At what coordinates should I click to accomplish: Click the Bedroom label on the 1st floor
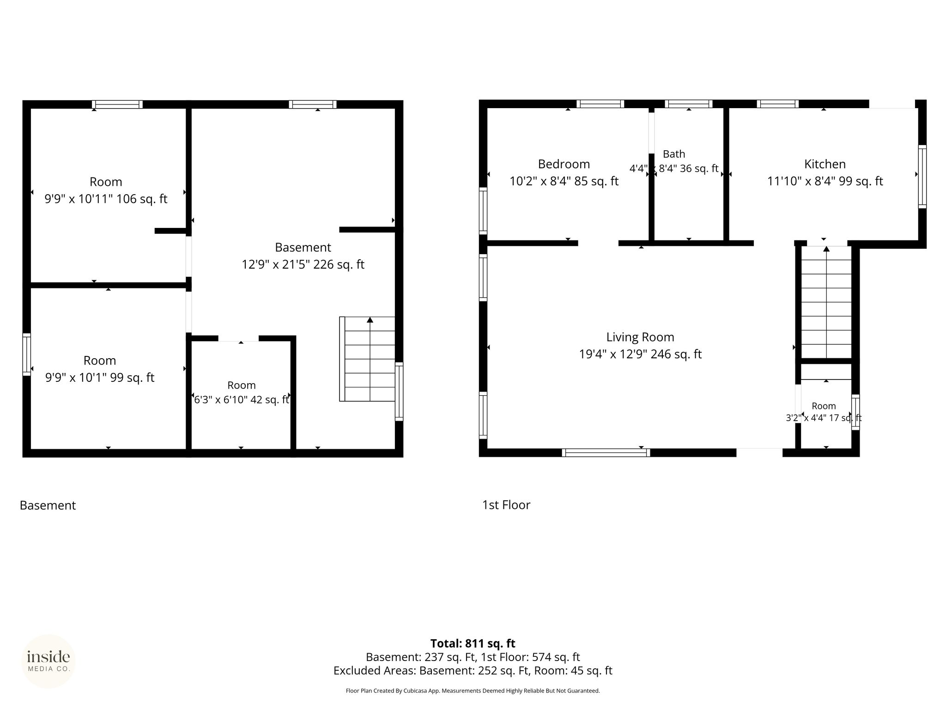click(x=564, y=164)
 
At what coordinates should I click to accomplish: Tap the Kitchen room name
click(x=825, y=164)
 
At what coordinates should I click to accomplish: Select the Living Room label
click(x=640, y=337)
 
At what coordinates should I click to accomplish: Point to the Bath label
click(x=674, y=154)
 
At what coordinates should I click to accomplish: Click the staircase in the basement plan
click(x=367, y=359)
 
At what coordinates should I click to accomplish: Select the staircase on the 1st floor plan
click(x=826, y=302)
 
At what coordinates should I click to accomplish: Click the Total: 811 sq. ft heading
click(x=473, y=643)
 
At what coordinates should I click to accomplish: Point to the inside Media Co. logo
click(x=49, y=661)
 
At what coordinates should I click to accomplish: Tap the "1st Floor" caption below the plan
click(x=506, y=505)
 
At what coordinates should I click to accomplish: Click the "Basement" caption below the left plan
click(x=48, y=505)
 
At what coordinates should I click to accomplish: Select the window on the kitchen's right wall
click(x=922, y=177)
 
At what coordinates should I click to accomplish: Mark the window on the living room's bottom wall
click(x=606, y=453)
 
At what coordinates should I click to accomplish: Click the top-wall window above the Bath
click(x=688, y=104)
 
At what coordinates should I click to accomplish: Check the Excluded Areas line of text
click(x=473, y=671)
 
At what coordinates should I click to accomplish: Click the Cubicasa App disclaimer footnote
click(x=473, y=691)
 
